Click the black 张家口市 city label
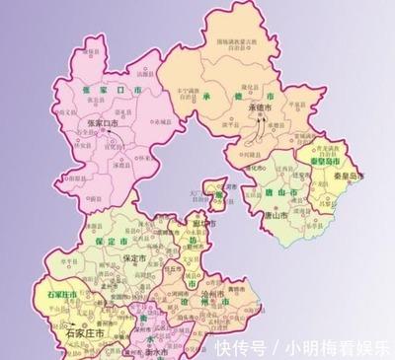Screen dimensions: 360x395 [x=103, y=121]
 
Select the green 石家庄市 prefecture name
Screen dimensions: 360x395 [x=63, y=294]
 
